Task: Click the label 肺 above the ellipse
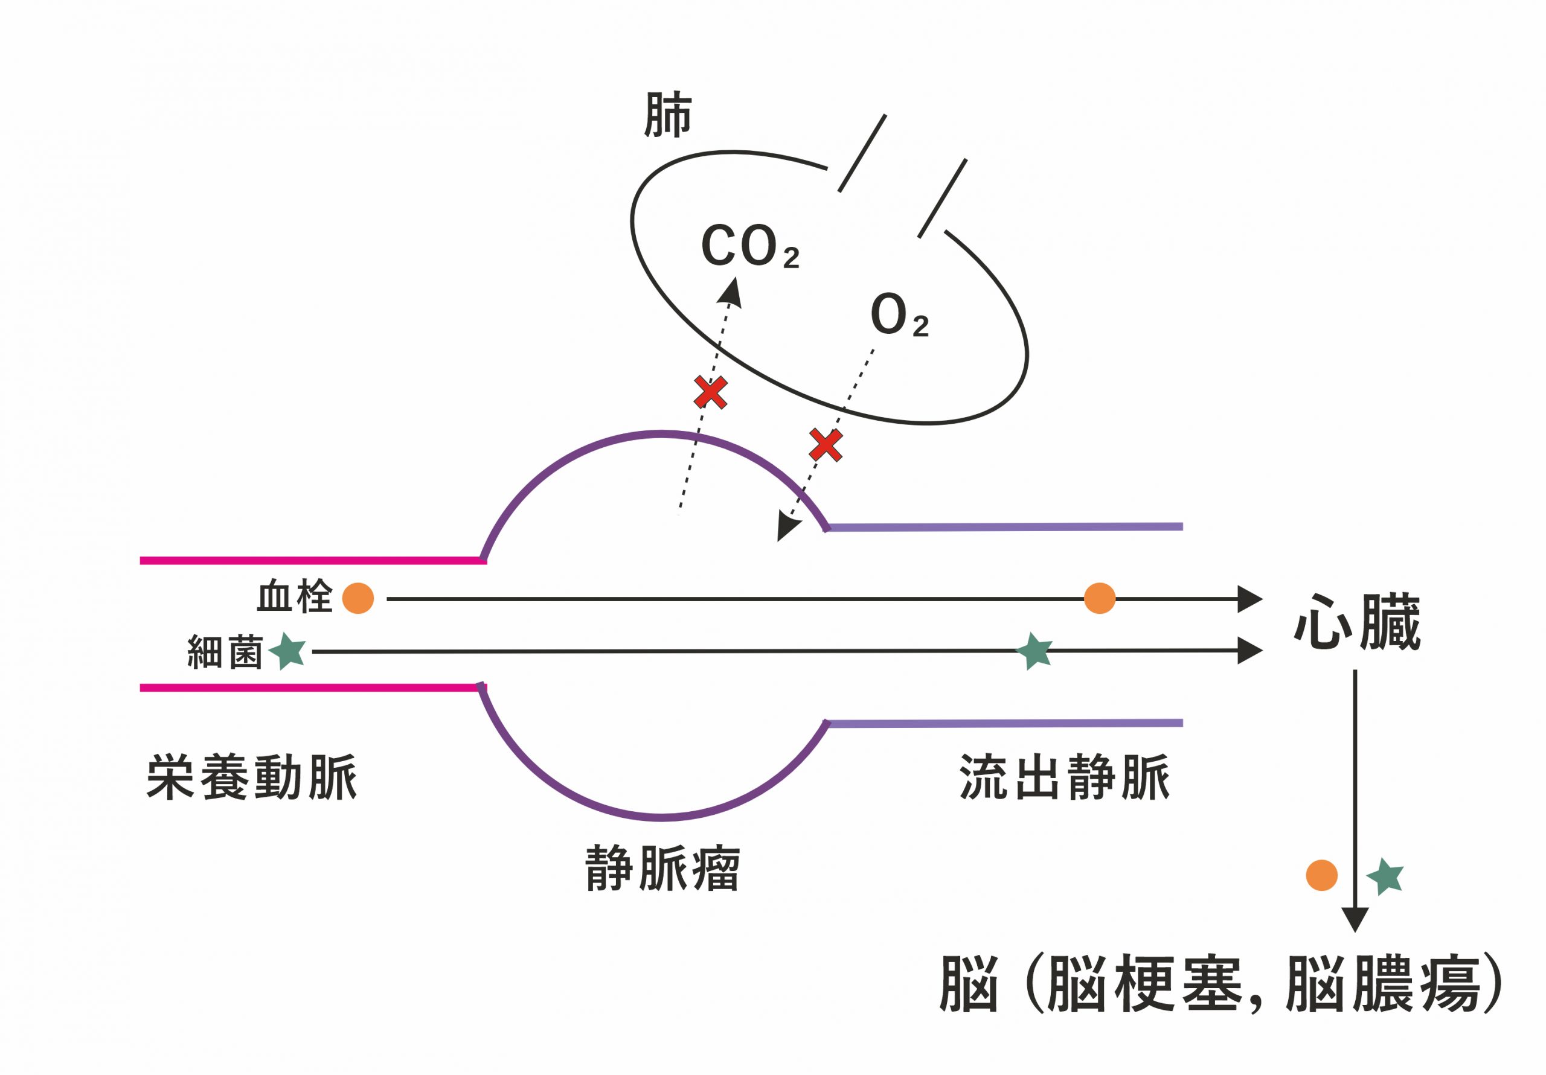tap(667, 115)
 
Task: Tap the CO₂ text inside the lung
tap(749, 246)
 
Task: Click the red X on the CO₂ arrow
tap(710, 392)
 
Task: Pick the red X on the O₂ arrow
tap(826, 444)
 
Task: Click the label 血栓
tap(295, 597)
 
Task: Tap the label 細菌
tap(225, 651)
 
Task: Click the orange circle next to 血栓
tap(358, 598)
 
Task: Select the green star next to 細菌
tap(288, 650)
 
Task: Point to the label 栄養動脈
tap(252, 778)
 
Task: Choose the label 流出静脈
tap(1065, 778)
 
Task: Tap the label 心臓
tap(1357, 623)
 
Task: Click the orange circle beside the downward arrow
tap(1321, 875)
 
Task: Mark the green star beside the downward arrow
tap(1385, 876)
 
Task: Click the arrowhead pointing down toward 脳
tap(1355, 919)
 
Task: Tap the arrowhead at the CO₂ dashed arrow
tap(731, 292)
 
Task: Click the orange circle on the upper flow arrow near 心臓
tap(1100, 598)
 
